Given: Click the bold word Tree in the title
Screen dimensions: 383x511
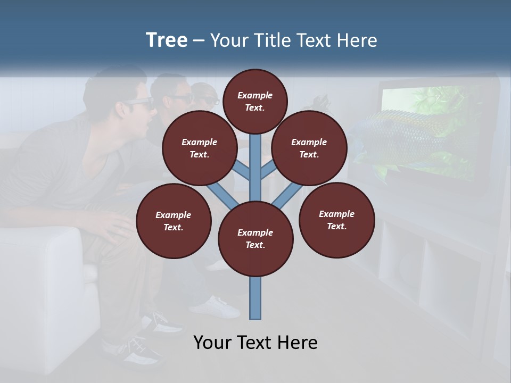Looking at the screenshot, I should click(167, 40).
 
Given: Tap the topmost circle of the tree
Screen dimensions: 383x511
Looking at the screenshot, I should click(255, 101).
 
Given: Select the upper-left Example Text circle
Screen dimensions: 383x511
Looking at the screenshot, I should click(199, 148).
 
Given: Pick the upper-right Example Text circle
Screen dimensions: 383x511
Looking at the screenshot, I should click(309, 148).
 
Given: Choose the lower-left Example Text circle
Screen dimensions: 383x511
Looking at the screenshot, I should click(174, 221).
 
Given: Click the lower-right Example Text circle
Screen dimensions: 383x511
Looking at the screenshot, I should click(336, 220).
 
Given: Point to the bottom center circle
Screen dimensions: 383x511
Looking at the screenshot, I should click(256, 239).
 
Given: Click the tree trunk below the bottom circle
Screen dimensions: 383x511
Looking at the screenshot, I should click(256, 298).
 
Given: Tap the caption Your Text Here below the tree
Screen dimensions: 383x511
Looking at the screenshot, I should click(256, 343).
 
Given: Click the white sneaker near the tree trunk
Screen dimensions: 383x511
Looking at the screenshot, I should click(221, 307).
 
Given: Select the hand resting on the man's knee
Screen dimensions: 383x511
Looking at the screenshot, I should click(114, 226).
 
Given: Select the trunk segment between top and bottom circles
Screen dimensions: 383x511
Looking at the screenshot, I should click(256, 165).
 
